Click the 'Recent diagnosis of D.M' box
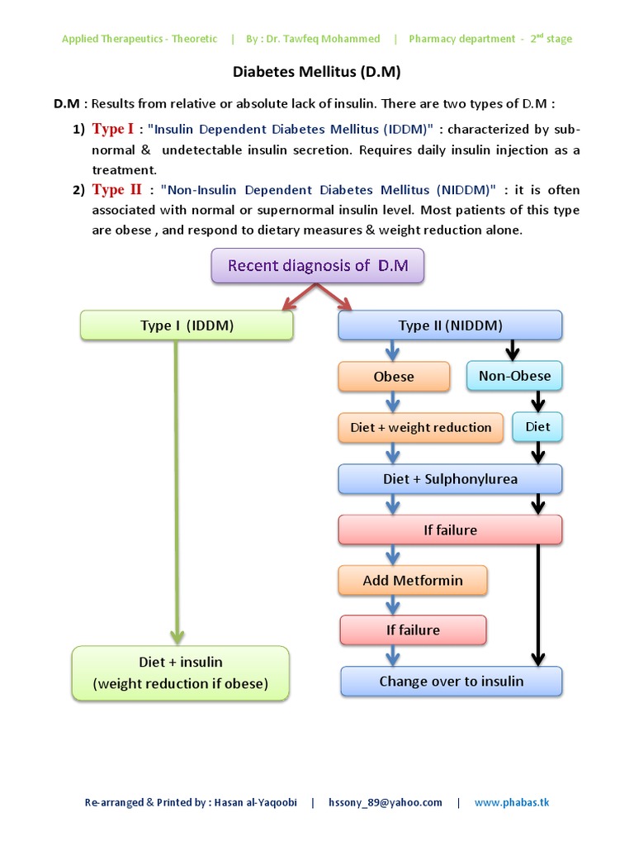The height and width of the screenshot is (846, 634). [x=318, y=265]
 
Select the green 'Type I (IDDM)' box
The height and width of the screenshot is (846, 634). [x=187, y=326]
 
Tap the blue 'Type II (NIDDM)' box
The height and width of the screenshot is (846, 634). [x=450, y=326]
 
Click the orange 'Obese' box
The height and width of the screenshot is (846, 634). [x=394, y=377]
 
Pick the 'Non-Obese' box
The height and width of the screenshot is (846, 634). [x=514, y=377]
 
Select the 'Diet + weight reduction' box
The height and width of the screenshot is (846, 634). [x=420, y=427]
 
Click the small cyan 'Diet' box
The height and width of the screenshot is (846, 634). [x=537, y=427]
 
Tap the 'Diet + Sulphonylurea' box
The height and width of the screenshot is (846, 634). [x=450, y=479]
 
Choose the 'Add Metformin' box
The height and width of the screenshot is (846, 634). [x=413, y=581]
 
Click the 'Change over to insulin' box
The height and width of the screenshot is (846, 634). [x=451, y=682]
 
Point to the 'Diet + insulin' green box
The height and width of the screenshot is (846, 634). [x=181, y=673]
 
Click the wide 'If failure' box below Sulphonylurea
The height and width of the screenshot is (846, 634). [x=450, y=530]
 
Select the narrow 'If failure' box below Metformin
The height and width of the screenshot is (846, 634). [x=413, y=630]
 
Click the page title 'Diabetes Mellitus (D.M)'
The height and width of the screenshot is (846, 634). [x=316, y=72]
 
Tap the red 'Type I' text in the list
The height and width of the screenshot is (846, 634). [x=112, y=129]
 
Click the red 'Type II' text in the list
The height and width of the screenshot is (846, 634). [x=117, y=190]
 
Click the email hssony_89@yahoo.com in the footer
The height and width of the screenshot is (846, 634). [x=385, y=802]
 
